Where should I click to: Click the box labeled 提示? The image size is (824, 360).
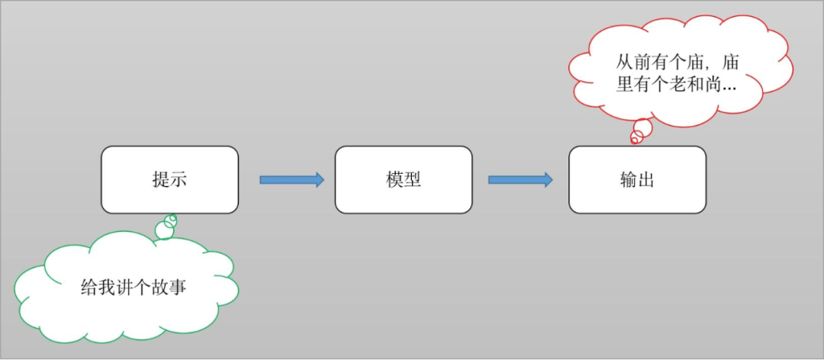click(x=169, y=180)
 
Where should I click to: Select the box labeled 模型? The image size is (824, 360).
click(x=403, y=180)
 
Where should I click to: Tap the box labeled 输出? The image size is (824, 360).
click(x=637, y=180)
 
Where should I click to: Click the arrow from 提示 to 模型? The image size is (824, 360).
click(x=291, y=180)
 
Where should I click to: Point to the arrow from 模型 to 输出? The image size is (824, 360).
click(x=520, y=180)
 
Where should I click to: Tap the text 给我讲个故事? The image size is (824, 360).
click(x=134, y=288)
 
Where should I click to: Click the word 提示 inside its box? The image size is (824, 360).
click(x=169, y=180)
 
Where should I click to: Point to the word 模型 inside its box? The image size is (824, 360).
click(x=403, y=180)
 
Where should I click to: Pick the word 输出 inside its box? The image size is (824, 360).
click(x=637, y=180)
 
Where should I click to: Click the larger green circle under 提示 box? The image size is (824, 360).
click(x=164, y=230)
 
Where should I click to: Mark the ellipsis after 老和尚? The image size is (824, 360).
click(x=729, y=88)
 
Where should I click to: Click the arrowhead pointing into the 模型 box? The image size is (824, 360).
click(x=317, y=180)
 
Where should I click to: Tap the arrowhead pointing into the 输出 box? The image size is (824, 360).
click(x=546, y=180)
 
